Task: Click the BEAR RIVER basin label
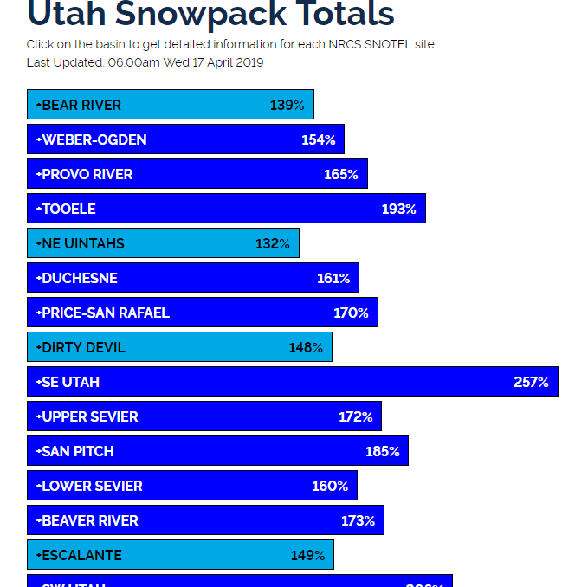[81, 105]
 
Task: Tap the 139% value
[287, 105]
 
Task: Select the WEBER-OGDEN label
[94, 139]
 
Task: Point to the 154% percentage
[318, 139]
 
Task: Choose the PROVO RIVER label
[87, 174]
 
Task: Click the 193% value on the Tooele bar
[398, 209]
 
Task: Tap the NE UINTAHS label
[83, 243]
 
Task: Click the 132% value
[272, 243]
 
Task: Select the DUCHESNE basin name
[80, 278]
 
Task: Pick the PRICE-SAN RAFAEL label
[106, 313]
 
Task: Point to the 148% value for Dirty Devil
[306, 347]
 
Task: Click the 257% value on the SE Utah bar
[531, 382]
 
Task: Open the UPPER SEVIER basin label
[90, 416]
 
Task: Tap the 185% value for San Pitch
[382, 451]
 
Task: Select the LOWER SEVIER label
[92, 486]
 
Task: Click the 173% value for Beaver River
[358, 520]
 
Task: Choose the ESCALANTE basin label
[82, 555]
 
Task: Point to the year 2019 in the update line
[249, 62]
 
